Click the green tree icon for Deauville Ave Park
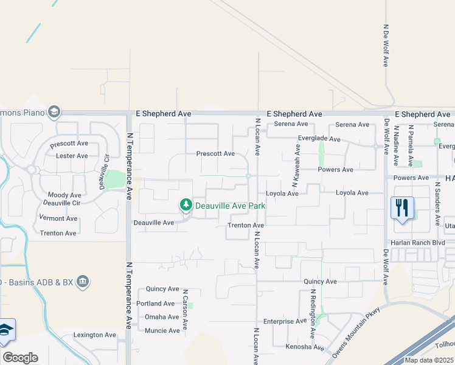point(186,206)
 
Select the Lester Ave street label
point(72,156)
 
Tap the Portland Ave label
point(156,304)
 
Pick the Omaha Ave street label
point(161,317)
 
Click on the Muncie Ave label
point(162,330)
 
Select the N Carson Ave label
point(184,310)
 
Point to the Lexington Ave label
point(94,335)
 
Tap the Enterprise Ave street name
point(285,321)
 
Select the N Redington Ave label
point(313,313)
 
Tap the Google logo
point(20,358)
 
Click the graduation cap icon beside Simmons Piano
point(54,111)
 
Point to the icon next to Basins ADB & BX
point(83,281)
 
